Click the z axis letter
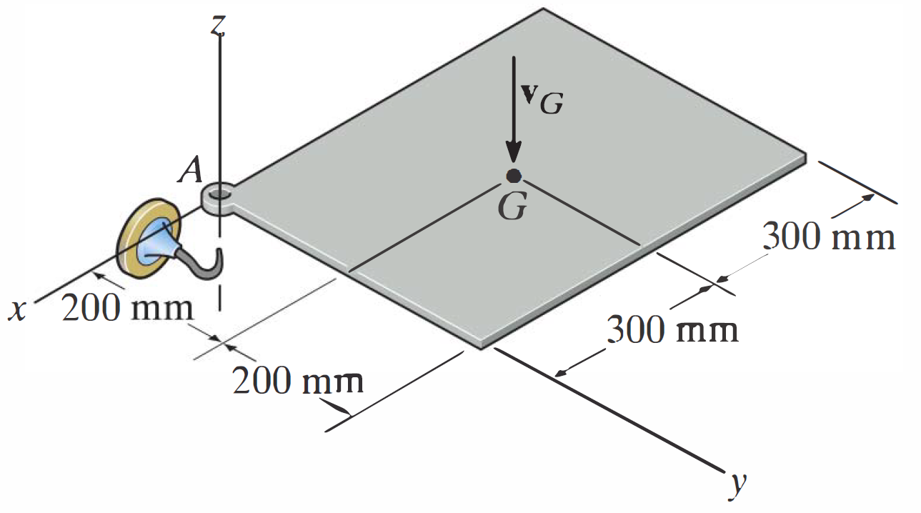(219, 25)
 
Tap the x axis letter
(15, 310)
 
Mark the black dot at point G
(513, 176)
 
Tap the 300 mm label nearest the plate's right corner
(829, 236)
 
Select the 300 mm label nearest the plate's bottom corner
(672, 330)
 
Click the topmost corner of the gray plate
(544, 9)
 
